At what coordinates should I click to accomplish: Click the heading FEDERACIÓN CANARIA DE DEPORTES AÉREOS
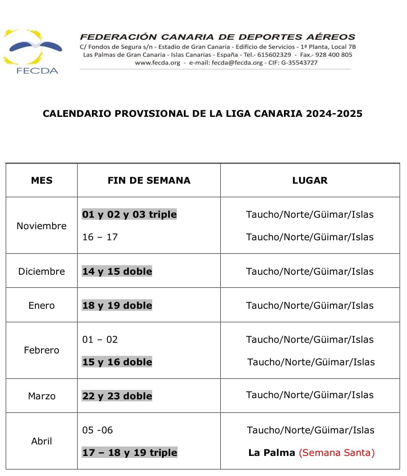pos(217,37)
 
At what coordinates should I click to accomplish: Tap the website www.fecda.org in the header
pos(158,63)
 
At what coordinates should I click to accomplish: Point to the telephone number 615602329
pos(274,55)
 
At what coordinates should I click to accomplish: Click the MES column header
pos(42,180)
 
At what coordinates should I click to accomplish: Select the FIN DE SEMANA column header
pos(149,180)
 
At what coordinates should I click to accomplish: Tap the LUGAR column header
pos(310,180)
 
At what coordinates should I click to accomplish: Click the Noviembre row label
pos(41,226)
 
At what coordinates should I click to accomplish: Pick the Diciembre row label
pos(41,271)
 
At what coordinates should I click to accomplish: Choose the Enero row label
pos(41,305)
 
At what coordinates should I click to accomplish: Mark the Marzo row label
pos(41,396)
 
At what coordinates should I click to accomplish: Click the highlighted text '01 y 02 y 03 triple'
pos(129,214)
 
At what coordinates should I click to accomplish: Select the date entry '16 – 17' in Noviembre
pos(100,237)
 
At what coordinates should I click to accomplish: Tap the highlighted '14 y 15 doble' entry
pos(117,271)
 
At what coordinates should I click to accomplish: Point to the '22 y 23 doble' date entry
pos(117,396)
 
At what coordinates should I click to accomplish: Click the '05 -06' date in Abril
pos(98,430)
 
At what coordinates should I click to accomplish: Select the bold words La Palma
pos(272,453)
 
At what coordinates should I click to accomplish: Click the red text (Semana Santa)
pos(337,453)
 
